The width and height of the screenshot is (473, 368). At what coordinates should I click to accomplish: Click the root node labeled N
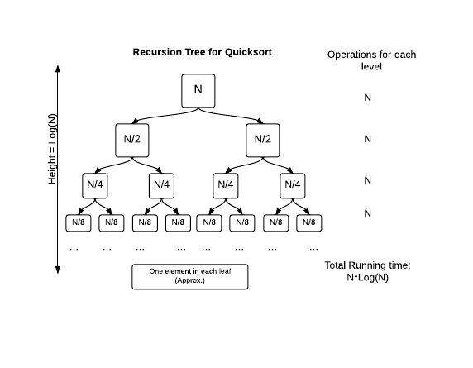coord(198,90)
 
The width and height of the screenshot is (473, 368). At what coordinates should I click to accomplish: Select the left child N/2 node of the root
coord(132,140)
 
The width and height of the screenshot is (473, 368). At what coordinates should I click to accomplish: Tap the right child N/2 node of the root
coord(263,140)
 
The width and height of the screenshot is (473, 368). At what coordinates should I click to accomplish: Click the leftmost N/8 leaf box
coord(79,222)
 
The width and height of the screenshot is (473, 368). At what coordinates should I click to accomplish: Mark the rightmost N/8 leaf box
coord(308,222)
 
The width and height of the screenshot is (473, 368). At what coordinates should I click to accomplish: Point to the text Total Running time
coord(369,266)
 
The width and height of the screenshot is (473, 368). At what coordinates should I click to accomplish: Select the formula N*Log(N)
coord(369,278)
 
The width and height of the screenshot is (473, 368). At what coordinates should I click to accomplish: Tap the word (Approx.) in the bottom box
coord(189,282)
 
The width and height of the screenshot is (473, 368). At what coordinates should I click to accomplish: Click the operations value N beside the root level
coord(368,98)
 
